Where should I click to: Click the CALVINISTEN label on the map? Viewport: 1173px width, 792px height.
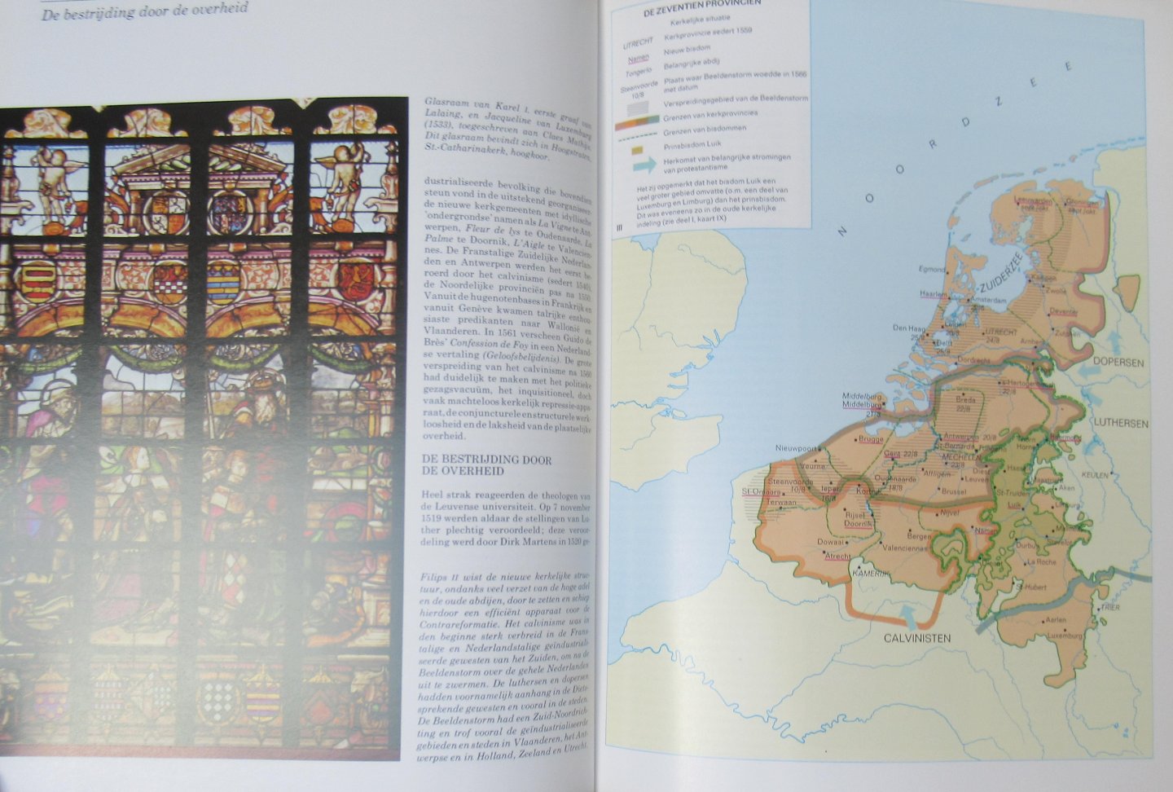tap(916, 638)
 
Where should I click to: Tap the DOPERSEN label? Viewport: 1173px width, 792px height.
tap(1118, 363)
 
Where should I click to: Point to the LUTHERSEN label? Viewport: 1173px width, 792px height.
tap(1121, 424)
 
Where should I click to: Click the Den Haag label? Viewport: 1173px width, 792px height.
tap(909, 328)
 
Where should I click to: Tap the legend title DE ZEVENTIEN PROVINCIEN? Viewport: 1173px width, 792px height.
tap(691, 2)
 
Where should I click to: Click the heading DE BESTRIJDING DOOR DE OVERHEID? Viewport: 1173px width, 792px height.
tap(486, 465)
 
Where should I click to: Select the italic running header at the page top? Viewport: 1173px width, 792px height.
tap(145, 10)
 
